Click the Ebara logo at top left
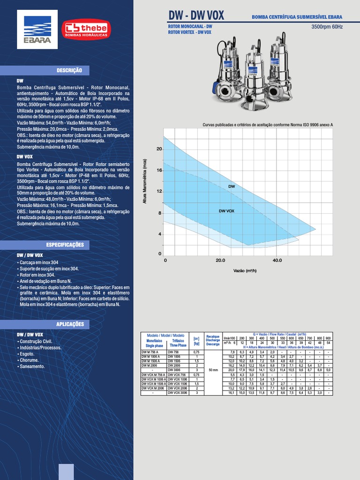point(37,29)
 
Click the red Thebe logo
point(87,29)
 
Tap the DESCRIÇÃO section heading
point(69,70)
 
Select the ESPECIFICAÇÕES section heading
point(65,245)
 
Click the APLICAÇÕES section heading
point(69,324)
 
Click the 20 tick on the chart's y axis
point(159,149)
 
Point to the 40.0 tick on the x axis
point(277,260)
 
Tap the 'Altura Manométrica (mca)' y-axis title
point(145,181)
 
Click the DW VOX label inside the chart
point(226,211)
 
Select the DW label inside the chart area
point(231,187)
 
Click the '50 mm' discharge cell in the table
point(213,370)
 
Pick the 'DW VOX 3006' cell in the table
point(177,393)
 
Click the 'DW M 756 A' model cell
point(151,352)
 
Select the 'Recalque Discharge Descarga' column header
point(213,340)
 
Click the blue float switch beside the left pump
point(214,88)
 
